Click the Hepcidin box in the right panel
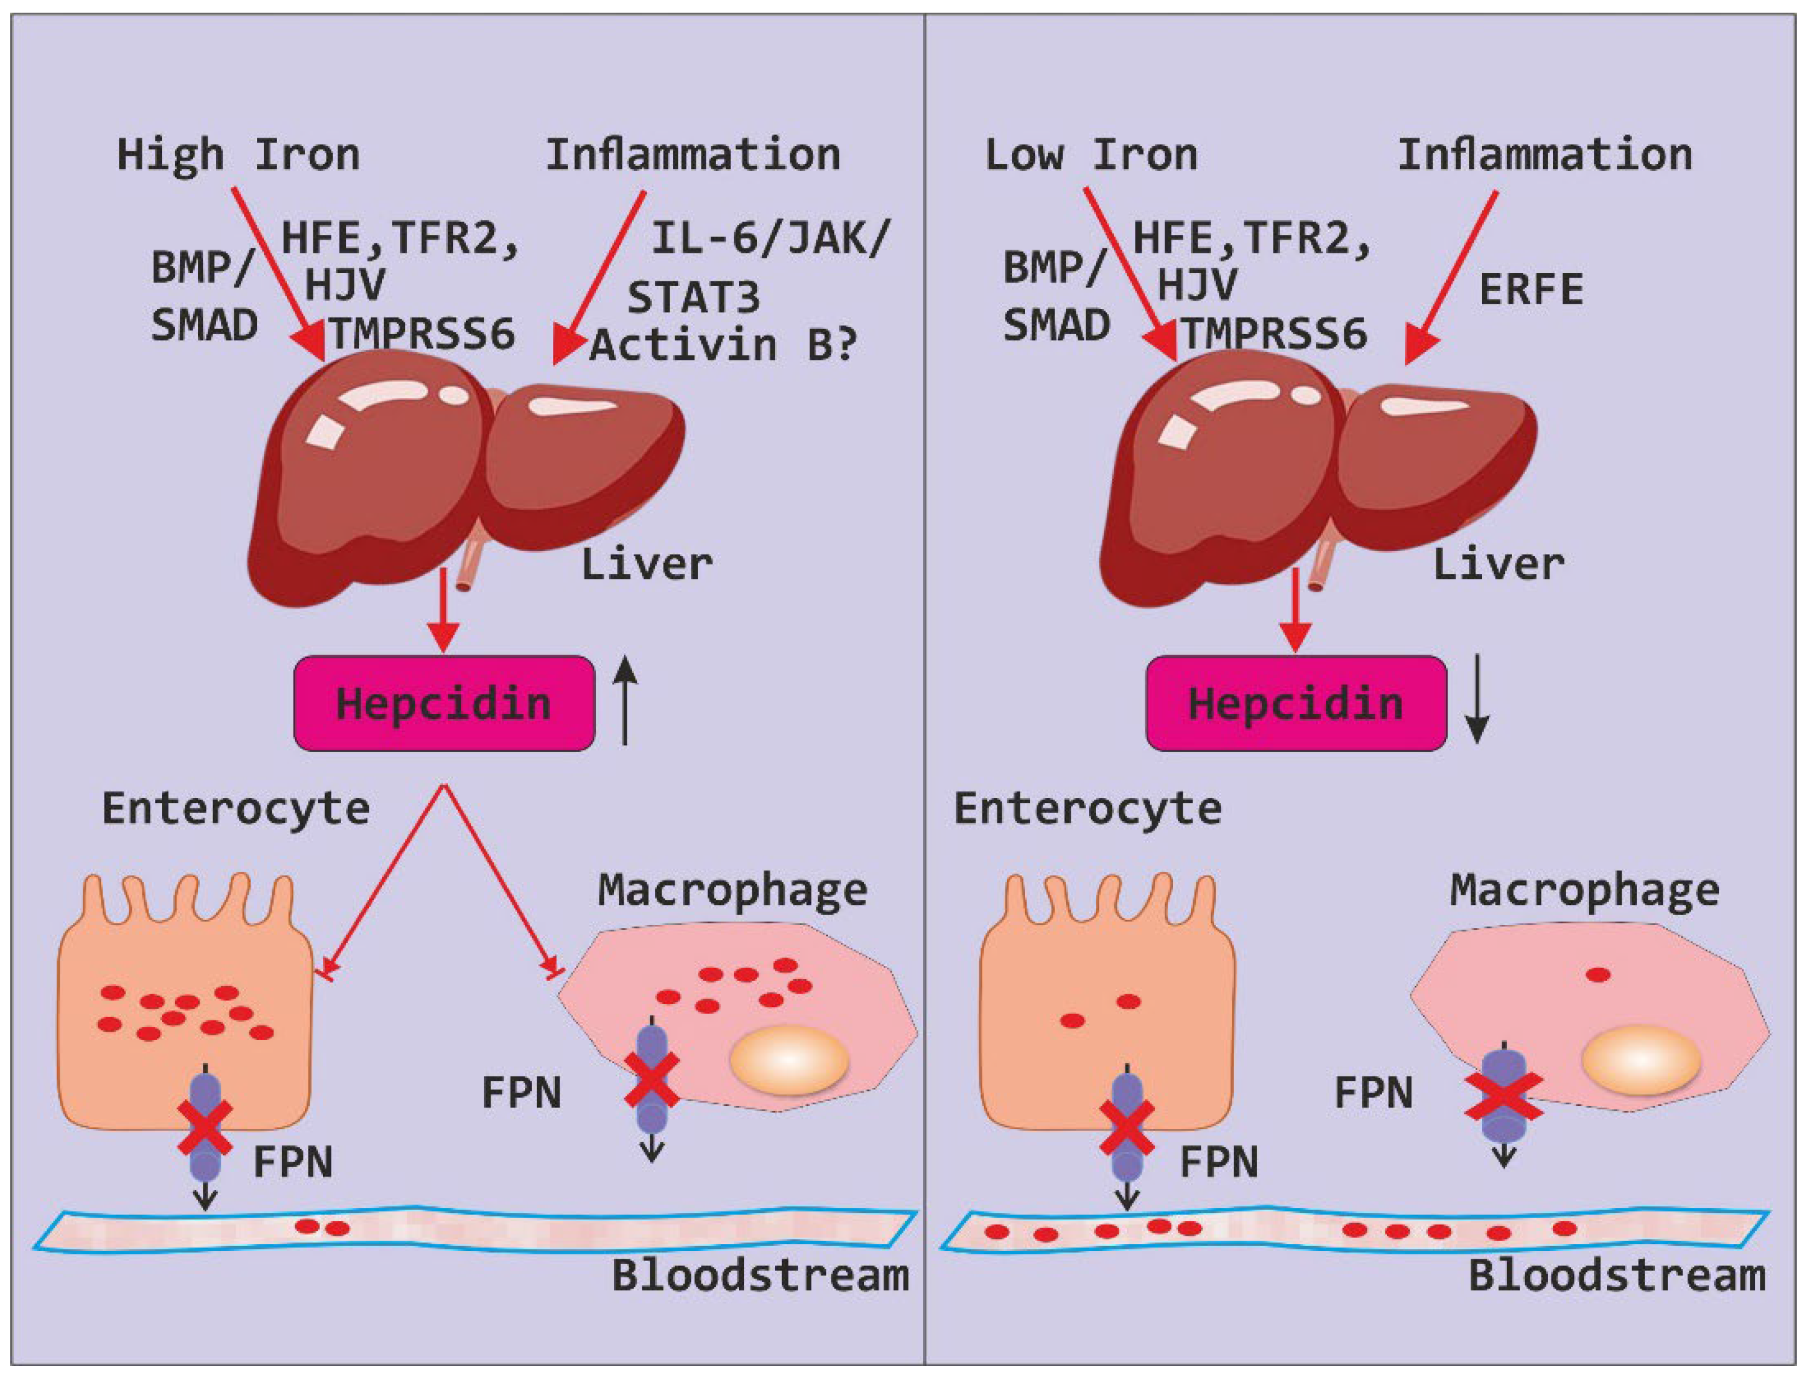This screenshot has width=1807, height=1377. click(x=1296, y=703)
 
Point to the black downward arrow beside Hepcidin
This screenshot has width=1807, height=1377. click(x=1477, y=699)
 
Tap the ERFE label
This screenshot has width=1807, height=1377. click(x=1531, y=289)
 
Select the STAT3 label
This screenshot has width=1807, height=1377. click(x=693, y=297)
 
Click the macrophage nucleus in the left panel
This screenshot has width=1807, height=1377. click(x=788, y=1061)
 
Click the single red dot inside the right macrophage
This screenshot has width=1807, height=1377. click(x=1598, y=974)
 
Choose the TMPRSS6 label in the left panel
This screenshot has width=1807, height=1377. click(x=422, y=333)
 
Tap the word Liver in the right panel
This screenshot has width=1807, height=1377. click(x=1498, y=564)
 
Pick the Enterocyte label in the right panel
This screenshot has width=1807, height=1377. click(x=1087, y=808)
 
